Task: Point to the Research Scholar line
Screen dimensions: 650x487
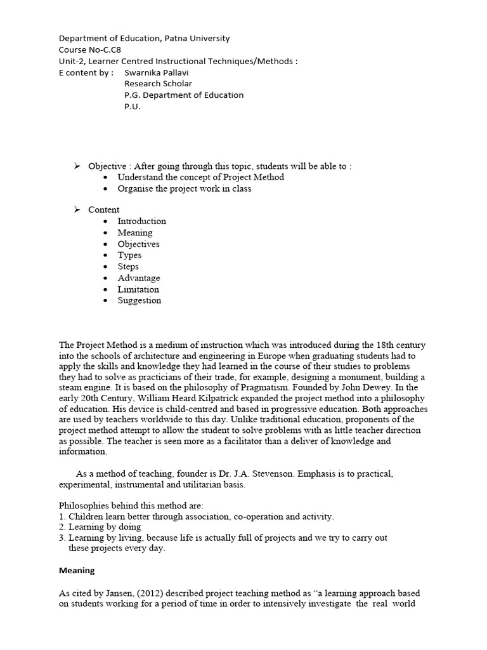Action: (x=158, y=84)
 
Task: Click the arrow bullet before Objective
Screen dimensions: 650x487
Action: (x=77, y=166)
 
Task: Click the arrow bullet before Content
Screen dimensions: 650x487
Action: (x=77, y=209)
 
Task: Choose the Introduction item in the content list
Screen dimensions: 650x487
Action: (x=141, y=221)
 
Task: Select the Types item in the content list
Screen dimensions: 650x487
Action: (x=129, y=255)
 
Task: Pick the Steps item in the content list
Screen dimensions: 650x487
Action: (x=128, y=267)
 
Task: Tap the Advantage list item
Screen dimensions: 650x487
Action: (x=138, y=278)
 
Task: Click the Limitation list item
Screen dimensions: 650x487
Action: (x=138, y=289)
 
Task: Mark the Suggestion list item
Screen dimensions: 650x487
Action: (x=139, y=301)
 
